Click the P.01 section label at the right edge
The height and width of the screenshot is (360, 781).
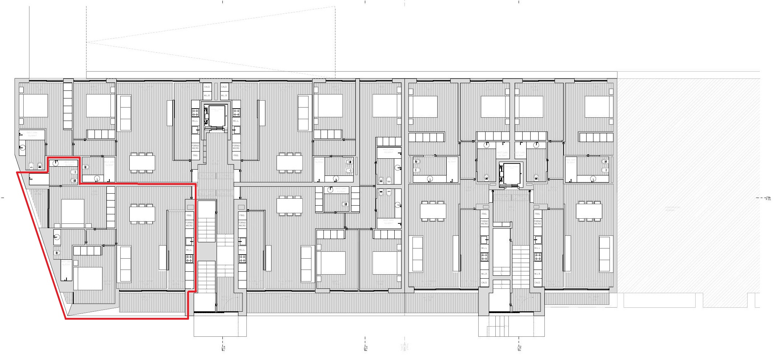(x=768, y=199)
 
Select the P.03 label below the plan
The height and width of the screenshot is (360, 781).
(x=367, y=348)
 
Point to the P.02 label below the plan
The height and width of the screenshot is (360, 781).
(x=520, y=348)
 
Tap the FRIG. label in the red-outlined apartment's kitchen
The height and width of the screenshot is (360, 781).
(x=189, y=215)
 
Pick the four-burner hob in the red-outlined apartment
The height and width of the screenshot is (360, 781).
(x=189, y=259)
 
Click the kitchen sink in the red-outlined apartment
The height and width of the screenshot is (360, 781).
(x=189, y=241)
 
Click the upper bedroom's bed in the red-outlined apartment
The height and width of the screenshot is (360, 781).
(x=73, y=213)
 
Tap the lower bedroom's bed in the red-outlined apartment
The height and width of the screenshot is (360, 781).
(x=88, y=278)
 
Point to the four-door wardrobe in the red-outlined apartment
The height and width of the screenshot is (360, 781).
(x=87, y=251)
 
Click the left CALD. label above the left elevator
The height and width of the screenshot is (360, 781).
(x=207, y=87)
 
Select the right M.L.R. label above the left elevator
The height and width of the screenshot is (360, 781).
(x=224, y=96)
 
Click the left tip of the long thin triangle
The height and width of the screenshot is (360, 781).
(x=88, y=43)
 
